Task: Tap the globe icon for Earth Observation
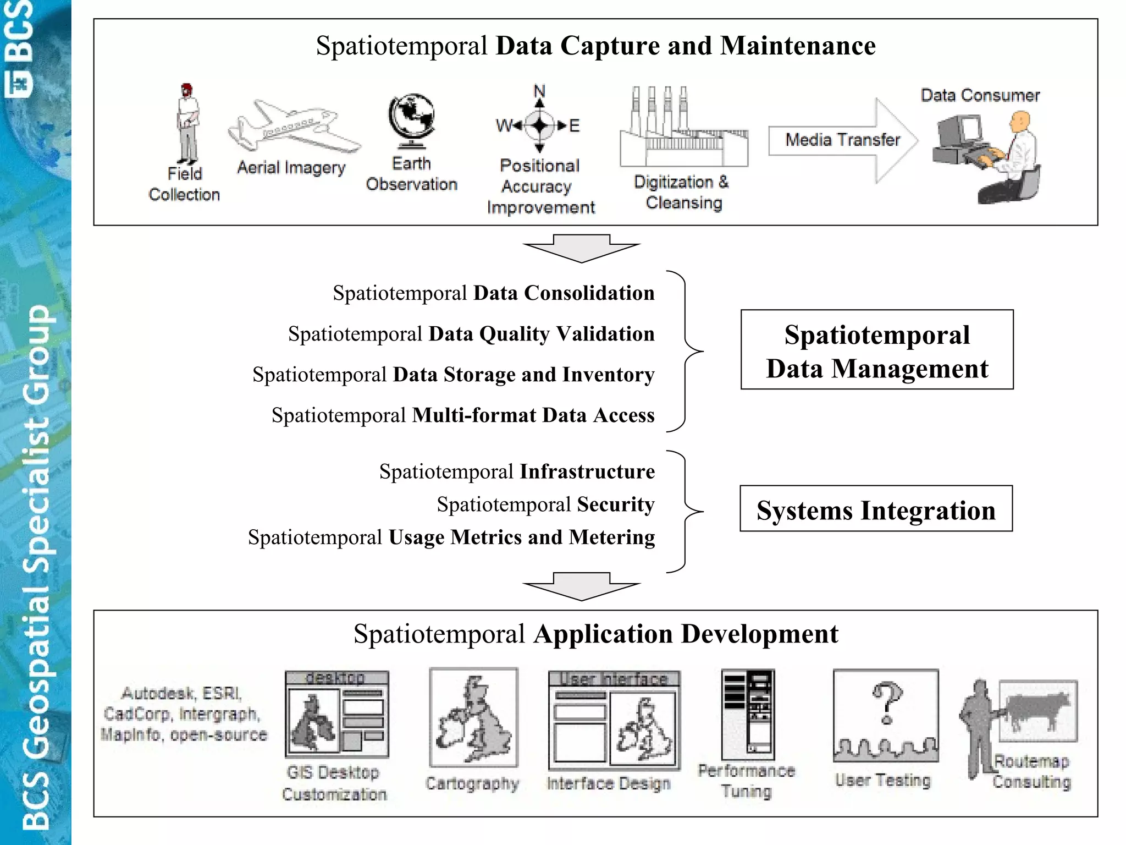(x=411, y=119)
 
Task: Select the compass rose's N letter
(x=539, y=91)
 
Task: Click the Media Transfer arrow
(x=842, y=140)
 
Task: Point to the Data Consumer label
(x=980, y=95)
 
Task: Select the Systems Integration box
(x=876, y=509)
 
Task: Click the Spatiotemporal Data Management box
(x=877, y=350)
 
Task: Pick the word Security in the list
(x=615, y=504)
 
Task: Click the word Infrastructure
(x=587, y=471)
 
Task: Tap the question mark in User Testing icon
(x=886, y=703)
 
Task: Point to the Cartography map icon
(x=473, y=717)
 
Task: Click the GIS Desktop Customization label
(x=334, y=783)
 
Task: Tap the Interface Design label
(x=609, y=783)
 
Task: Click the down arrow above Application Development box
(x=582, y=586)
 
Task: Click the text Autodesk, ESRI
(x=181, y=693)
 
